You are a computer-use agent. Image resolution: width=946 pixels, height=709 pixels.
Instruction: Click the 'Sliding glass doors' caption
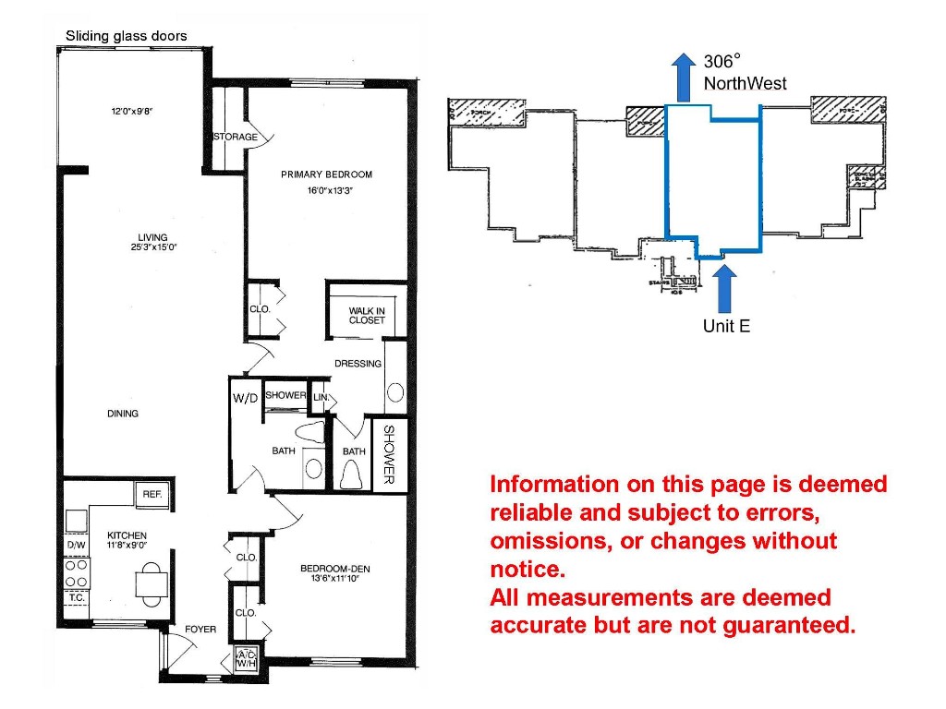coord(126,36)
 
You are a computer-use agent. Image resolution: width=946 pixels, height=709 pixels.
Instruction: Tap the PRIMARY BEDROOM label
coord(326,174)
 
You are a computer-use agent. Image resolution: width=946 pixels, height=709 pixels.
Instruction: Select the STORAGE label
coord(235,138)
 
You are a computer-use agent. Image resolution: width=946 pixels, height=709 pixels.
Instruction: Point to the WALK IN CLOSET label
coord(366,316)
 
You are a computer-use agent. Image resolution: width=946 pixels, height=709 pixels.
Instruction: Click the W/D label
coord(245,398)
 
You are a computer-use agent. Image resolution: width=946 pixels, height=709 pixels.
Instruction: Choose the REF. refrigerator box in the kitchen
coord(152,495)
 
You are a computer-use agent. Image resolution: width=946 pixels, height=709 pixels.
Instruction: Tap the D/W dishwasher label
coord(75,546)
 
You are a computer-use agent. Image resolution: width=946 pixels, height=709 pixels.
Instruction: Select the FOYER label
coord(200,630)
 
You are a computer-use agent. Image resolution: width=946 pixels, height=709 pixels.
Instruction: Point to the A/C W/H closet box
coord(246,657)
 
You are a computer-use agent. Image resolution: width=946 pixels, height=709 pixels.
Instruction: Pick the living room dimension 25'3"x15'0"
coord(153,247)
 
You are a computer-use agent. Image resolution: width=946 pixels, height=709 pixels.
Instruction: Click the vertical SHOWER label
coord(389,454)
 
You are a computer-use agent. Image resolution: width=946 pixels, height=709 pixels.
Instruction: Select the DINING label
coord(122,414)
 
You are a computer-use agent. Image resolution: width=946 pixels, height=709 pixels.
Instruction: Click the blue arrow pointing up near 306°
coord(683,76)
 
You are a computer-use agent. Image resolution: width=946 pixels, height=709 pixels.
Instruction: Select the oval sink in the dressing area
coord(395,392)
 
